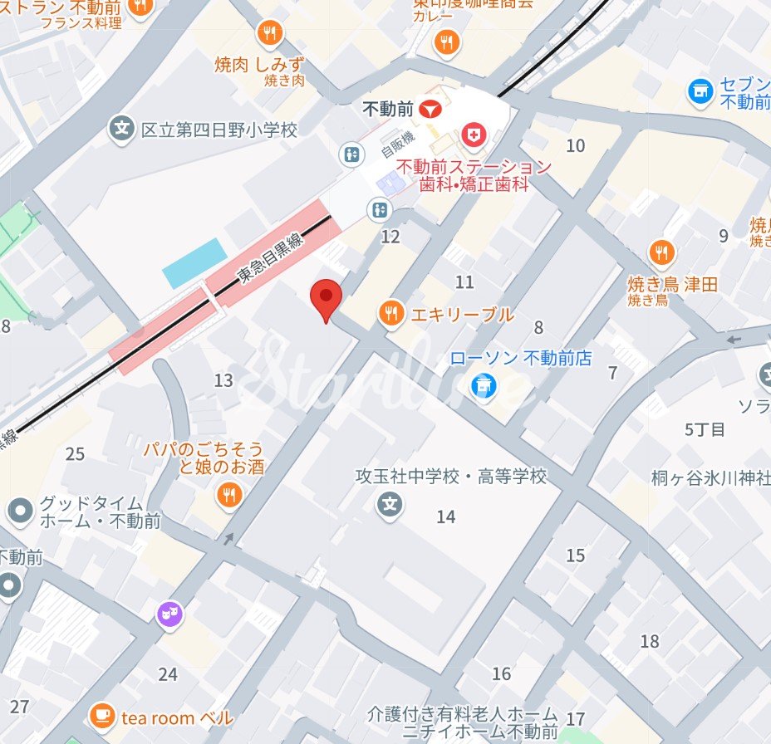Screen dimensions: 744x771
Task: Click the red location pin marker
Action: pyautogui.click(x=326, y=297)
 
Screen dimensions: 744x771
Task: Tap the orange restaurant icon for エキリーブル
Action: pyautogui.click(x=391, y=314)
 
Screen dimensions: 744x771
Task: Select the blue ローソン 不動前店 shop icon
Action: pyautogui.click(x=484, y=384)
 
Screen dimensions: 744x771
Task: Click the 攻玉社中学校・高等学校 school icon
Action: pyautogui.click(x=388, y=503)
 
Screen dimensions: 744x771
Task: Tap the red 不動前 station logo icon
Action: pyautogui.click(x=430, y=109)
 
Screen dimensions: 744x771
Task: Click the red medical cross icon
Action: pyautogui.click(x=474, y=134)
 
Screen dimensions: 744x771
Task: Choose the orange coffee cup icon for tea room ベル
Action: pyautogui.click(x=102, y=716)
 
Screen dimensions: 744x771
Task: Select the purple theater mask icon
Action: pyautogui.click(x=169, y=615)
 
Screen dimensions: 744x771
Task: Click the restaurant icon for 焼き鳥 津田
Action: pyautogui.click(x=662, y=252)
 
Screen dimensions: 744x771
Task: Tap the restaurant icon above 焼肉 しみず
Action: pyautogui.click(x=270, y=34)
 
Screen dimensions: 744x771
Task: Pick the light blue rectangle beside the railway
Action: pyautogui.click(x=195, y=262)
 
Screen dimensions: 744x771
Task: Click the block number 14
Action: pyautogui.click(x=446, y=517)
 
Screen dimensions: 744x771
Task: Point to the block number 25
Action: pyautogui.click(x=76, y=454)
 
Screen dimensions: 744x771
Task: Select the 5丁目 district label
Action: pyautogui.click(x=705, y=429)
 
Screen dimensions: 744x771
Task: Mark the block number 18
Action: pyautogui.click(x=650, y=641)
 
